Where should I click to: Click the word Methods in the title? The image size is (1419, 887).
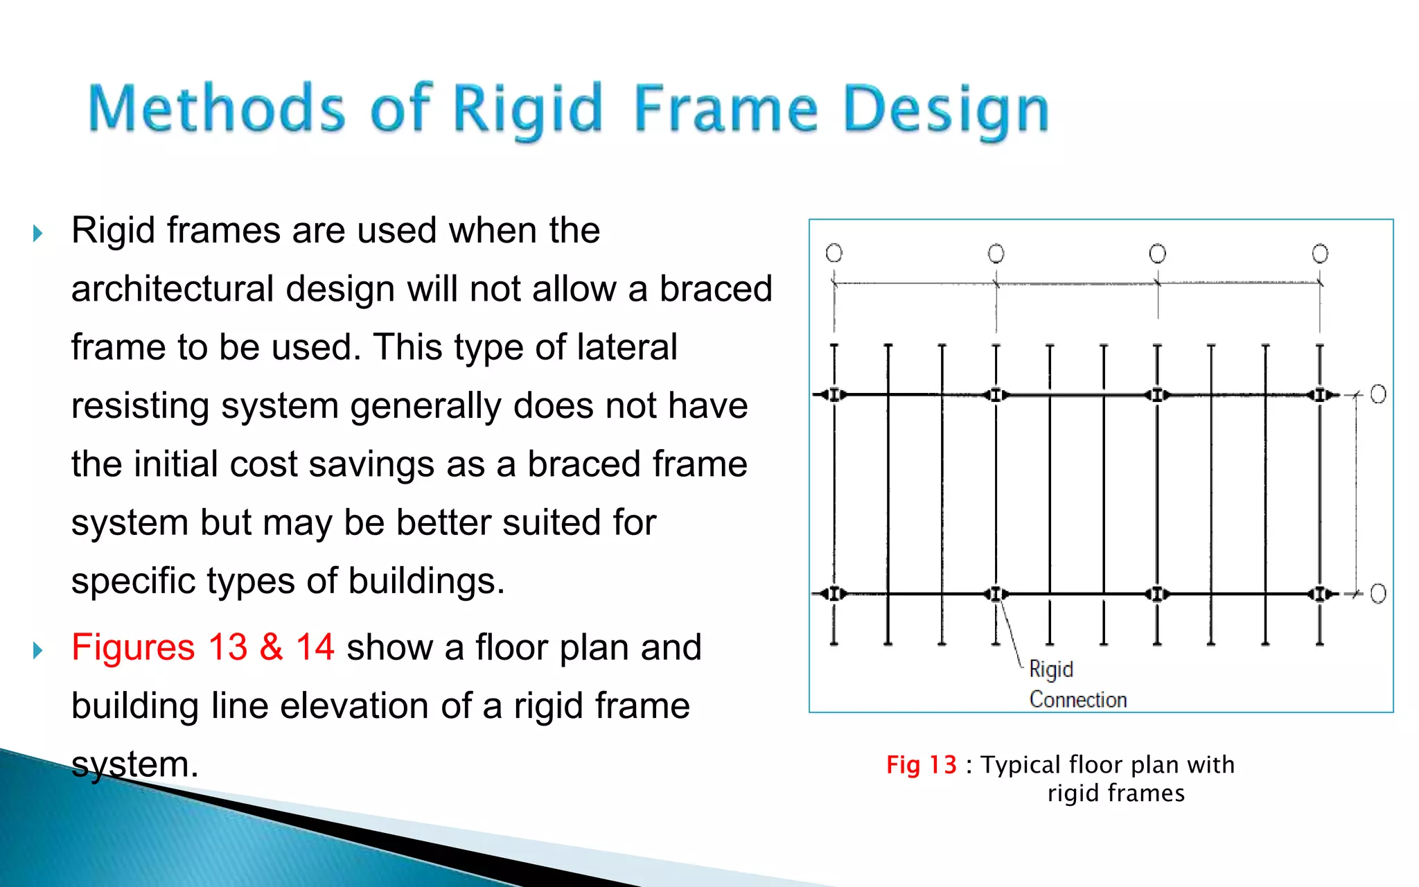coord(216,109)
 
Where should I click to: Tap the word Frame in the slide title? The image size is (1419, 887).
coord(725,109)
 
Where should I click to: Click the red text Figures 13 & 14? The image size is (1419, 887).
coord(202,647)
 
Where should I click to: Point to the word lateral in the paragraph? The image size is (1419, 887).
coord(627,347)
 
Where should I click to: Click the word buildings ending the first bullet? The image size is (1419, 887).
coord(425,581)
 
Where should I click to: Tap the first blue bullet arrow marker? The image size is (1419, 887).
coord(38,234)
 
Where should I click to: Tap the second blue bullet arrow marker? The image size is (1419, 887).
coord(38,650)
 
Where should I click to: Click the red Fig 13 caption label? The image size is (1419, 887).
coord(921,765)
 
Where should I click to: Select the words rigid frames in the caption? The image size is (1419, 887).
coord(1116,793)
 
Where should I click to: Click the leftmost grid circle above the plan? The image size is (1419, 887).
coord(834,253)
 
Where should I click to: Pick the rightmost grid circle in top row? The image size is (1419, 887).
coord(1320,254)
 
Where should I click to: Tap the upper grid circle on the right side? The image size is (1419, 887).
coord(1378,394)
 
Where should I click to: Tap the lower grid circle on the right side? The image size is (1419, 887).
coord(1378,594)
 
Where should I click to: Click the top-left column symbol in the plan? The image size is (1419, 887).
coord(834,395)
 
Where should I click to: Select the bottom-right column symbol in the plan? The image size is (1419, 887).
coord(1320,594)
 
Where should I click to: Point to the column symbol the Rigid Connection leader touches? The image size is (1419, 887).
coord(996,594)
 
